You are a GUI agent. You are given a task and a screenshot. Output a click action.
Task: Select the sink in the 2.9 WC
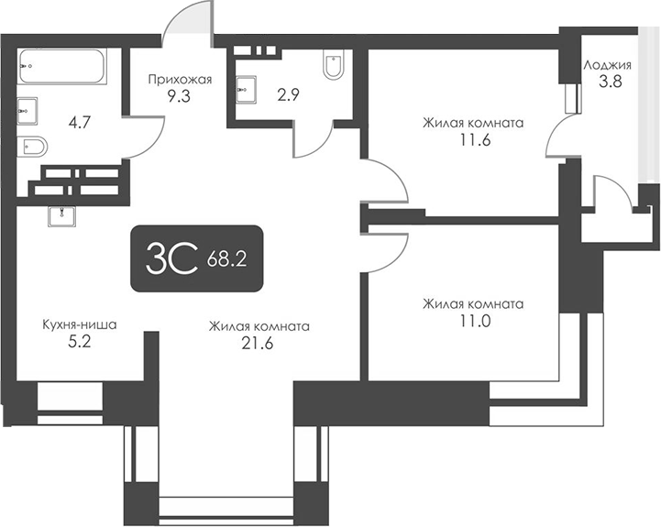(244, 87)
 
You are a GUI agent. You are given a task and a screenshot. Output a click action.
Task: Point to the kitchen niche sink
(62, 216)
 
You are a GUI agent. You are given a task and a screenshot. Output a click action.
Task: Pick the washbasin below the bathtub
(26, 108)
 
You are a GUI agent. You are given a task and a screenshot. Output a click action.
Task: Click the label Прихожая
(181, 80)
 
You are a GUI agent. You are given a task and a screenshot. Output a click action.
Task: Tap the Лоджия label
(607, 65)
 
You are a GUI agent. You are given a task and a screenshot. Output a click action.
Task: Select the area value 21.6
(259, 344)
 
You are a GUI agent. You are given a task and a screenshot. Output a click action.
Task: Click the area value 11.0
(472, 322)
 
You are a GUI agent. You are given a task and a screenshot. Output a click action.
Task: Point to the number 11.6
(472, 139)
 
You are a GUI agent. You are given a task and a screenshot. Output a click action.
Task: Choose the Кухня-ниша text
(80, 324)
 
